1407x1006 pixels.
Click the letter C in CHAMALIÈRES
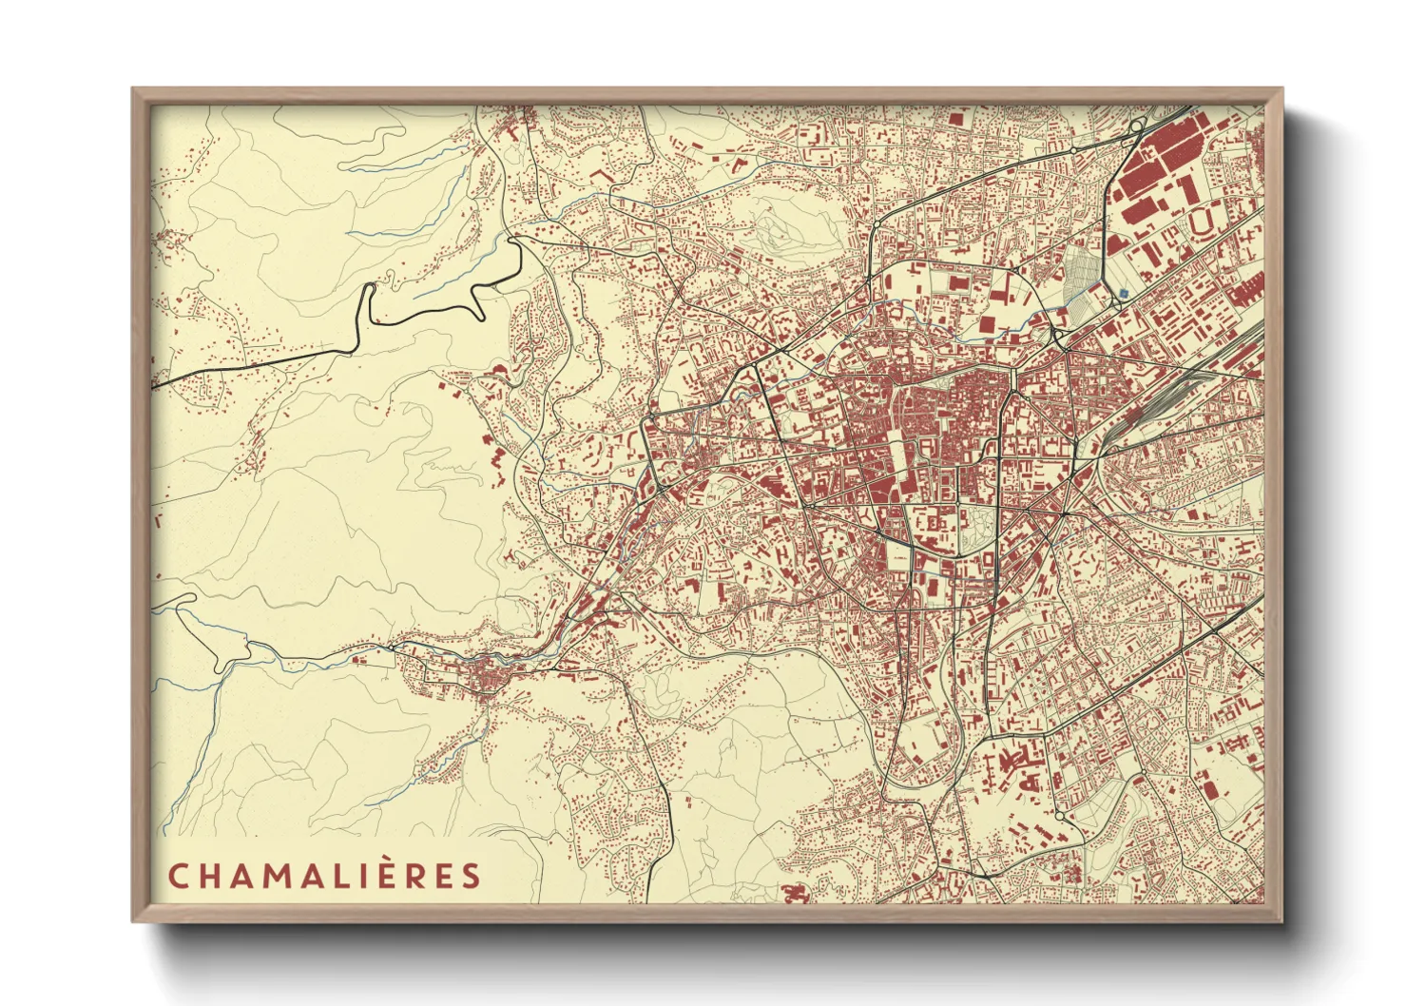[x=177, y=876]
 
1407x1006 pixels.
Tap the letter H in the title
[x=210, y=876]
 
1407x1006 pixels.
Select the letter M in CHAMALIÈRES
[x=282, y=876]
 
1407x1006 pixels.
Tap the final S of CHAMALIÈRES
[x=472, y=876]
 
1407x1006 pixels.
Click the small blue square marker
[x=1125, y=293]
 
